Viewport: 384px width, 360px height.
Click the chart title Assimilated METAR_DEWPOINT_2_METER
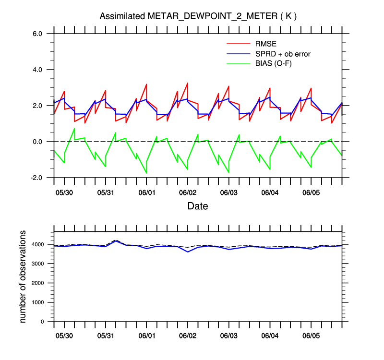coord(198,16)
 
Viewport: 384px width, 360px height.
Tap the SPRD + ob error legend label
coord(283,54)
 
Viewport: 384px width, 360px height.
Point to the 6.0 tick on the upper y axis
coord(38,34)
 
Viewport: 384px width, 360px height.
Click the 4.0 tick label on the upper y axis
coord(38,70)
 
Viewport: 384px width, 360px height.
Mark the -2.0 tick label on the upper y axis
coord(37,178)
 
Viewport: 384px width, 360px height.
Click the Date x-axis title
coord(198,206)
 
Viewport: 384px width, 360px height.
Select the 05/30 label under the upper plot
coord(64,192)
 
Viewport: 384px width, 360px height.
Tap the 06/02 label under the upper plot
coord(188,192)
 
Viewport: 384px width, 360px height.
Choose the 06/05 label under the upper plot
coord(311,192)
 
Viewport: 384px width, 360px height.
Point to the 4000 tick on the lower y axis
coord(41,244)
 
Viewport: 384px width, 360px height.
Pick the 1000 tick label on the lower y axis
coord(41,302)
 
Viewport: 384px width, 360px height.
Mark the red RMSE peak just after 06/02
coord(187,83)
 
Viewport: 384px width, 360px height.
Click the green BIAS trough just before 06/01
coord(146,173)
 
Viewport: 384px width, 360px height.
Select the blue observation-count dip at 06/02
coord(188,252)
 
